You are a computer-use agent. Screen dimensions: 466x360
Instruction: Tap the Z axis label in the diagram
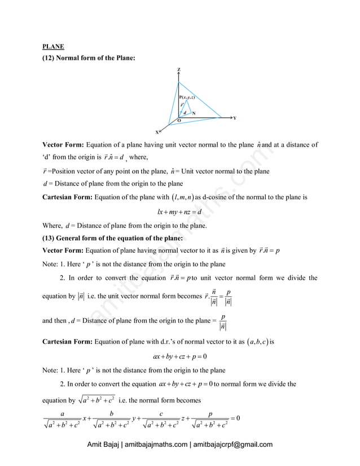(179, 69)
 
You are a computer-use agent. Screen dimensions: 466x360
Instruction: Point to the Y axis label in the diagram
(234, 118)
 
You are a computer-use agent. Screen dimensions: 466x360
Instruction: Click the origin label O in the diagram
(178, 121)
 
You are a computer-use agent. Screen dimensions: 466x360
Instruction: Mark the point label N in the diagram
(194, 113)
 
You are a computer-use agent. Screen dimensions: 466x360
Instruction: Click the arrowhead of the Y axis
(229, 118)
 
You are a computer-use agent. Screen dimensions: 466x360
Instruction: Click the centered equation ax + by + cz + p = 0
(179, 357)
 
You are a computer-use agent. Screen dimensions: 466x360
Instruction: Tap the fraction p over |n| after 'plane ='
(224, 321)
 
